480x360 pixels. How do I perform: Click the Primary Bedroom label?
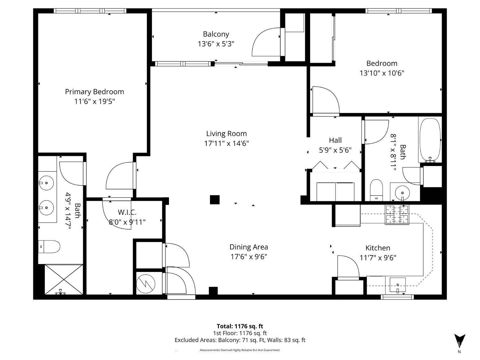[94, 92]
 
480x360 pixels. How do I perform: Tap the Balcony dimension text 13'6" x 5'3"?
[216, 44]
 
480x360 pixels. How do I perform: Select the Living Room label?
[226, 133]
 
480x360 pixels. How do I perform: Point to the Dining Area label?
[249, 247]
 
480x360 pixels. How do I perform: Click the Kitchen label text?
[378, 248]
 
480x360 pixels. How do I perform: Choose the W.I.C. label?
[127, 212]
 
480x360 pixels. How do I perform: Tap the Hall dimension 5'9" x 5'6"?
[335, 150]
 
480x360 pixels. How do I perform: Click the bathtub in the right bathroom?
[430, 140]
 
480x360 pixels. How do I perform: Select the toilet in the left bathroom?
[49, 247]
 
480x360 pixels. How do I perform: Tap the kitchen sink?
[397, 285]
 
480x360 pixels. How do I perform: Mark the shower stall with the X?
[64, 279]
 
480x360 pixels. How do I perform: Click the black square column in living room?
[214, 200]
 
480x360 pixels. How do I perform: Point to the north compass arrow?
[460, 341]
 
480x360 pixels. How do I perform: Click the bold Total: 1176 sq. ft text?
[240, 326]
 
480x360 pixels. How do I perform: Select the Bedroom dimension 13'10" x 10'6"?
[382, 73]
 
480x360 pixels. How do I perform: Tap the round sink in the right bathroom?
[402, 193]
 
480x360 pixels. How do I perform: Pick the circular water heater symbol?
[146, 284]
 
